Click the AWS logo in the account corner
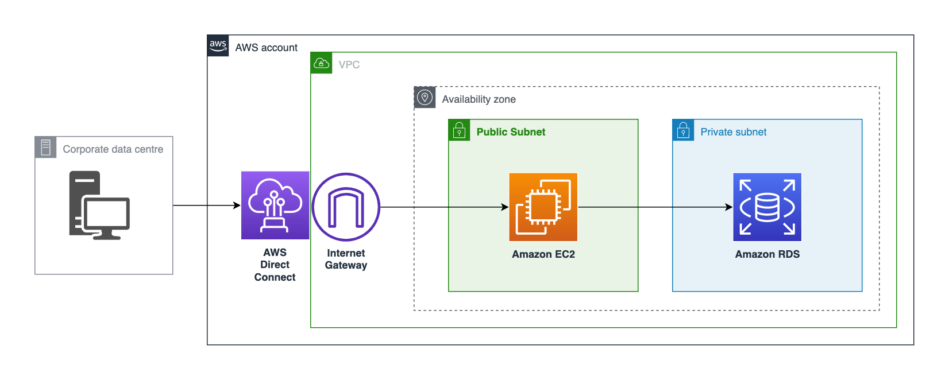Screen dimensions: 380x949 pos(218,45)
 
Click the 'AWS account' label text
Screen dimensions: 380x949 pos(266,48)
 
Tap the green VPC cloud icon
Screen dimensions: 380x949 pos(321,63)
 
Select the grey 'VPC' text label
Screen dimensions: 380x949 pos(349,65)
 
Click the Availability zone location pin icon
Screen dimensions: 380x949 pos(425,98)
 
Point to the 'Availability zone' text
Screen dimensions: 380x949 pos(479,99)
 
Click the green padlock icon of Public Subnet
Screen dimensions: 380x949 pos(459,130)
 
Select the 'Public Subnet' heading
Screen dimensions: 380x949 pos(511,132)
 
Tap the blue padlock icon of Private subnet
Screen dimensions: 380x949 pos(683,130)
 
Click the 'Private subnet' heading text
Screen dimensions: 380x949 pos(733,132)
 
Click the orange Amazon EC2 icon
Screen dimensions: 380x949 pos(543,207)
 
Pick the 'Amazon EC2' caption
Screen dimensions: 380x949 pos(543,254)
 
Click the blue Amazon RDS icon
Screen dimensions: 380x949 pos(767,207)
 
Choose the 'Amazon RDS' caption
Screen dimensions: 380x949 pos(767,254)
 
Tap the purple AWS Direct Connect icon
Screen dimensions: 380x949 pos(275,205)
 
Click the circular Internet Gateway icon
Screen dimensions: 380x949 pos(346,207)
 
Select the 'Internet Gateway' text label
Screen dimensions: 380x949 pos(346,259)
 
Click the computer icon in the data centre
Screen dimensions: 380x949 pos(99,205)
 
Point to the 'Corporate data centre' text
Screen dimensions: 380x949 pos(113,149)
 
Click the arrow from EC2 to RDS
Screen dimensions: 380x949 pos(655,207)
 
